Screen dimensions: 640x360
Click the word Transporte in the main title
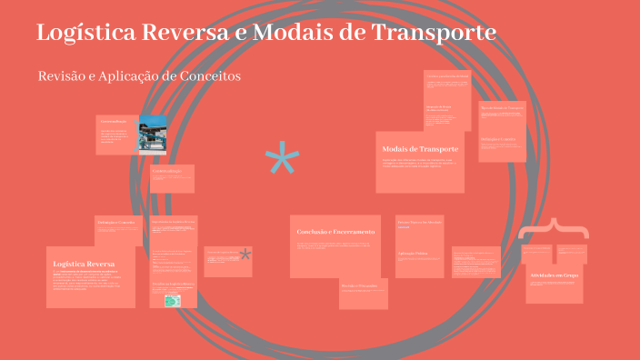pyautogui.click(x=435, y=33)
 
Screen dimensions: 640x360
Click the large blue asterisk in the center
pyautogui.click(x=282, y=162)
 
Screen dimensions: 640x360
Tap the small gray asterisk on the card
pyautogui.click(x=245, y=256)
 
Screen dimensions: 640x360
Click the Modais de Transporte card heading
pyautogui.click(x=420, y=148)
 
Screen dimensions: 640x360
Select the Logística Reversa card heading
pyautogui.click(x=84, y=264)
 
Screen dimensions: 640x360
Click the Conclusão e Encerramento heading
pyautogui.click(x=335, y=232)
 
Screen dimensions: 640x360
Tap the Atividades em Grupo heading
pyautogui.click(x=554, y=274)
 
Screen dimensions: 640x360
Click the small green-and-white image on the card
pyautogui.click(x=172, y=300)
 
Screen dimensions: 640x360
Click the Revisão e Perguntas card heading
pyautogui.click(x=360, y=285)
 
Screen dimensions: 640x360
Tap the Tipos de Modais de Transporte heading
pyautogui.click(x=503, y=107)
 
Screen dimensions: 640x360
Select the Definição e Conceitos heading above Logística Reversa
pyautogui.click(x=115, y=222)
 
